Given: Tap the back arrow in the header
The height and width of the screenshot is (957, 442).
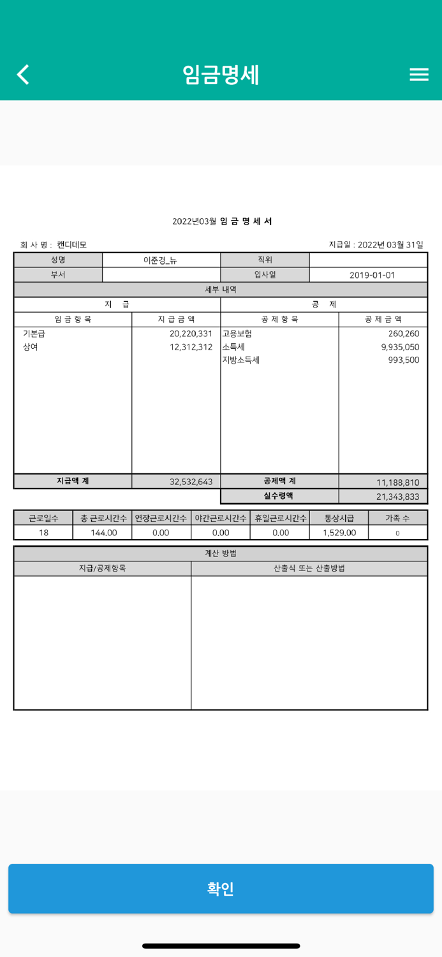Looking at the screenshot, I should [24, 75].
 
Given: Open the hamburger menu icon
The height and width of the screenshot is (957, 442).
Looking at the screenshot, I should [418, 75].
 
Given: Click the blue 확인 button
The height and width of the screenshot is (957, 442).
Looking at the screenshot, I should [221, 888].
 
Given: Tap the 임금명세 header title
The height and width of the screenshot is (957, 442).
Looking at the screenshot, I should [221, 75].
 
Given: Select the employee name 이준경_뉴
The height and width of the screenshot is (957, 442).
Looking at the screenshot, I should [161, 260].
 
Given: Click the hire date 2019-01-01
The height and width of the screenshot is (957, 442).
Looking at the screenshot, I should [372, 275].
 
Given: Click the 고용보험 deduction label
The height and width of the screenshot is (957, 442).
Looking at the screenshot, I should [237, 334].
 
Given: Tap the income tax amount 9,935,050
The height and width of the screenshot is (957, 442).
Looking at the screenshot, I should [400, 347].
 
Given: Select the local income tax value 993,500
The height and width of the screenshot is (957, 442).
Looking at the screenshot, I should [403, 360].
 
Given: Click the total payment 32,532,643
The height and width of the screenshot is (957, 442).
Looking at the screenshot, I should [191, 482].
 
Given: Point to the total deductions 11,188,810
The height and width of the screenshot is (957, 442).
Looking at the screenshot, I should [397, 482].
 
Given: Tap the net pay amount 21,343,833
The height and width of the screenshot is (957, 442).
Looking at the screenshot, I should [397, 496].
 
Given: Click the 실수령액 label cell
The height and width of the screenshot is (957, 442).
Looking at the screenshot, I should [279, 496].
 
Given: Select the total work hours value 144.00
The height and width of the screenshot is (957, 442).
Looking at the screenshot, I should [103, 533].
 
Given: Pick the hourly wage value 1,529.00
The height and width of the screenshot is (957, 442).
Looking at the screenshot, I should [339, 533].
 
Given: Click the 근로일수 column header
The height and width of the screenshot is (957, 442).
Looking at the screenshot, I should [43, 518].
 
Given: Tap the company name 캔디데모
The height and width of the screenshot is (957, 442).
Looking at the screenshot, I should [71, 245].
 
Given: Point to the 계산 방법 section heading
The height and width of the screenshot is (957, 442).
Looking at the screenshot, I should [221, 553].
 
